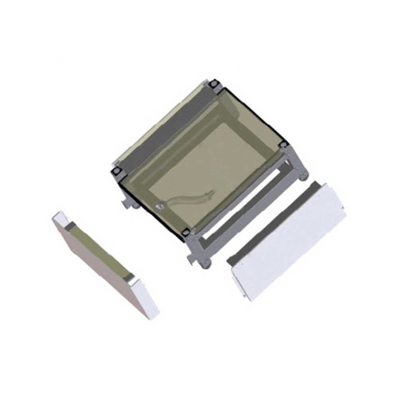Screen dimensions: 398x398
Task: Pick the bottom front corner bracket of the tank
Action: click(x=186, y=232)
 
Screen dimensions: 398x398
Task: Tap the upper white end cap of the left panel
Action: click(x=63, y=218)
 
